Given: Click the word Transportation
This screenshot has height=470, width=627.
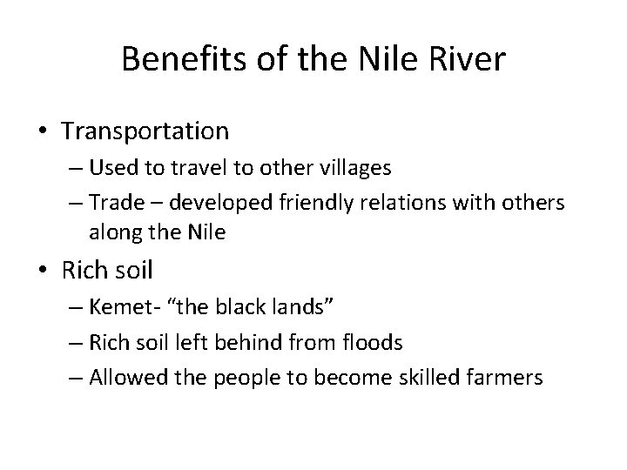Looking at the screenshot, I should click(145, 131).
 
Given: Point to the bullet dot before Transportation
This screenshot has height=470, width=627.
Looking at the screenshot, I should click(44, 132).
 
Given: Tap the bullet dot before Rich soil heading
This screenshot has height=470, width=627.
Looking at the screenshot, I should click(44, 272).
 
